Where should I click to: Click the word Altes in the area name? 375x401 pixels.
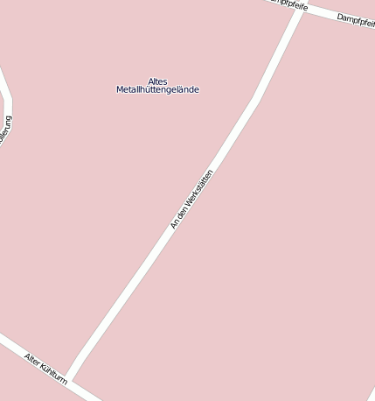pos(157,81)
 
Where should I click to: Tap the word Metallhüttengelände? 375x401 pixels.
pos(157,90)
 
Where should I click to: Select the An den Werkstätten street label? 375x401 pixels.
pos(191,200)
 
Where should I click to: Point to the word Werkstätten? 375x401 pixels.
pos(199,188)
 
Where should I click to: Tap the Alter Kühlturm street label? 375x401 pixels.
pos(45,368)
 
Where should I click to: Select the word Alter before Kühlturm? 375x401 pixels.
pos(33,360)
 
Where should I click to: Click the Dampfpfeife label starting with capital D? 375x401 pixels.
pos(356,21)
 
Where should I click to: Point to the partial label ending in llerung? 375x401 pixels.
pos(6,130)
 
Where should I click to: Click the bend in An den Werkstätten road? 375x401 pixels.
pos(255,101)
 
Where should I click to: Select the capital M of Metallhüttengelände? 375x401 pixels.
pos(120,90)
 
